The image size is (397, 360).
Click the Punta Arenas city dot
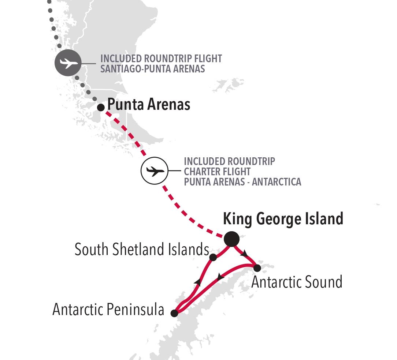(x=101, y=107)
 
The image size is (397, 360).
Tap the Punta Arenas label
(x=149, y=105)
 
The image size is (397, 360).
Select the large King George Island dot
(x=231, y=239)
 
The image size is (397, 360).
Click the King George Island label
(x=283, y=219)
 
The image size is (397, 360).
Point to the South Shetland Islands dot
(x=213, y=257)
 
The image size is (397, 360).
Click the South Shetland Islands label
(x=142, y=250)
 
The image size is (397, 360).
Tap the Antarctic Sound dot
(x=257, y=268)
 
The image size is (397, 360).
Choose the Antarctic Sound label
(x=297, y=282)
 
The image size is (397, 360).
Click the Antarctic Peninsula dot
(x=174, y=313)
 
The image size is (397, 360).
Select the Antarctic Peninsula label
(x=108, y=310)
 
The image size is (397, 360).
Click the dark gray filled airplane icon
(x=67, y=63)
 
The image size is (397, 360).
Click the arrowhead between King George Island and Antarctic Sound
(x=244, y=253)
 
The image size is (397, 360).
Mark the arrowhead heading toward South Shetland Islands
(x=198, y=281)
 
